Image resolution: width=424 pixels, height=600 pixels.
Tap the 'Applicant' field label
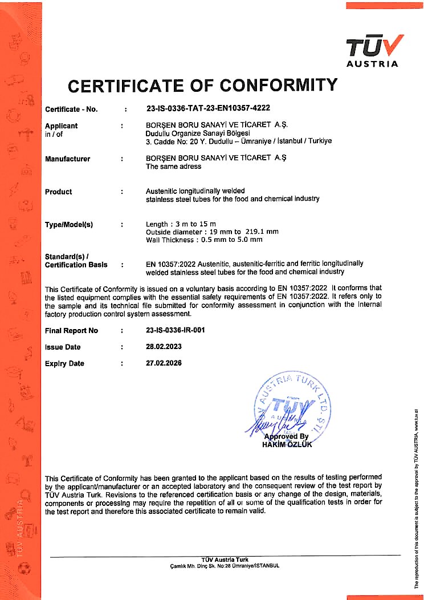62,125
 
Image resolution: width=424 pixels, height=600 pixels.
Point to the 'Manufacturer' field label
68,159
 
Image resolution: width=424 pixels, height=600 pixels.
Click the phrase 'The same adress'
174,167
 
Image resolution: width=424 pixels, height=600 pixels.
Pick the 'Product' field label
59,192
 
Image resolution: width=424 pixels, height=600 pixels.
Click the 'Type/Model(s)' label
69,225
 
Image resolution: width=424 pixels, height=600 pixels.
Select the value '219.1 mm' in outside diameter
262,232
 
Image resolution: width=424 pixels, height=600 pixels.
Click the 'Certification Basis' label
76,265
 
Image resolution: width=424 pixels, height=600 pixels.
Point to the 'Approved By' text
287,437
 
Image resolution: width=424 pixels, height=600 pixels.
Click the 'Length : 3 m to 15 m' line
181,224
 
